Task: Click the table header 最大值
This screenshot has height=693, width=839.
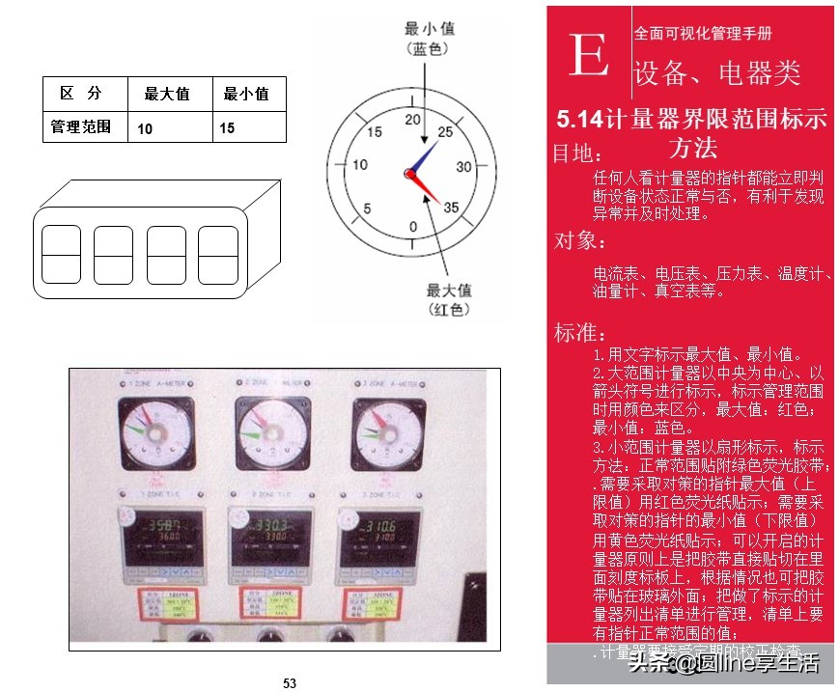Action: click(166, 94)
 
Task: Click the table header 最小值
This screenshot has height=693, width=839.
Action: click(246, 94)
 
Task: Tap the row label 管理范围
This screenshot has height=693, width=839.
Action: click(81, 126)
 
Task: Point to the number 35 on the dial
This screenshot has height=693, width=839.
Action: click(451, 207)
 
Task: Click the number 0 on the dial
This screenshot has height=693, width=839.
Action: click(413, 227)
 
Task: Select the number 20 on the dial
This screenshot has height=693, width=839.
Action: click(413, 120)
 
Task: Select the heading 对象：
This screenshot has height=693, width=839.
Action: click(579, 240)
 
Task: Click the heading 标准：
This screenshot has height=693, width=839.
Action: click(579, 334)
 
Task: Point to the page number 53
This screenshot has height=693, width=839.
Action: click(290, 683)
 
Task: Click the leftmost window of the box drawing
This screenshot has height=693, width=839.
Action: click(62, 254)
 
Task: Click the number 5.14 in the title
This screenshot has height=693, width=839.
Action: click(580, 120)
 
